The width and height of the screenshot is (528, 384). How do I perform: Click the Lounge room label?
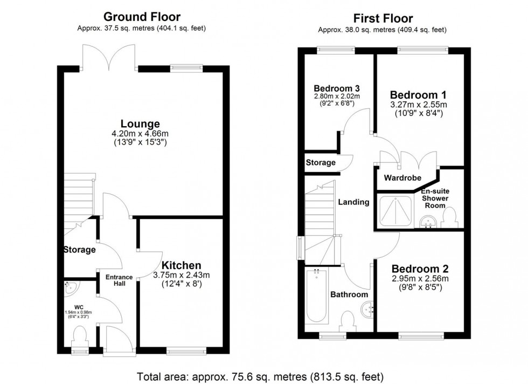click(x=143, y=124)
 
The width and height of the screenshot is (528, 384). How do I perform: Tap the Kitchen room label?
click(x=180, y=265)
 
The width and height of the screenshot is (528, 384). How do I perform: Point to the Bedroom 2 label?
click(x=420, y=268)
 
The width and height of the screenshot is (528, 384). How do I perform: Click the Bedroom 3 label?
click(x=337, y=88)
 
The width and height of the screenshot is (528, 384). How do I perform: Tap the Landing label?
click(x=353, y=202)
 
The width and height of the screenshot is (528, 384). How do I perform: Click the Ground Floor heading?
click(x=142, y=17)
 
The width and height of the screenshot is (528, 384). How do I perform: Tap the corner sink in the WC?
click(x=70, y=290)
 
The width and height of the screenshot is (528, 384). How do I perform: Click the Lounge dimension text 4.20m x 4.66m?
click(x=143, y=135)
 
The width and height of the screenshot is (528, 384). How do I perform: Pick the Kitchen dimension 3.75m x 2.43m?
click(x=180, y=276)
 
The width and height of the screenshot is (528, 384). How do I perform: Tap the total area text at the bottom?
click(x=260, y=376)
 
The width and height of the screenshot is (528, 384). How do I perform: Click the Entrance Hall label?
click(x=119, y=280)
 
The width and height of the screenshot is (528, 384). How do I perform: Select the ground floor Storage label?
click(x=79, y=250)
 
